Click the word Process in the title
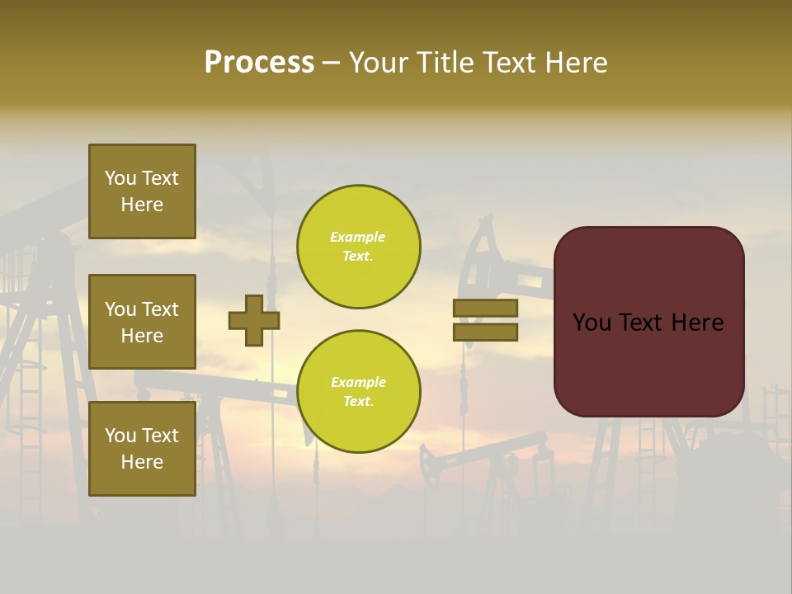[x=259, y=63]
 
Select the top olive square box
[x=142, y=191]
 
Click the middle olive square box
[x=142, y=322]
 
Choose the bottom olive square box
[x=142, y=449]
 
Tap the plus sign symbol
[x=254, y=320]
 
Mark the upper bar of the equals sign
[x=486, y=309]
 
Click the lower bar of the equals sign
[x=486, y=332]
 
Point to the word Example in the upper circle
[x=357, y=237]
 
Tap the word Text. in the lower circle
[x=357, y=401]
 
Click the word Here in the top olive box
[x=142, y=205]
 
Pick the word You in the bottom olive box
[x=120, y=436]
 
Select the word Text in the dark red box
[x=643, y=323]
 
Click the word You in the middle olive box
[x=120, y=309]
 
